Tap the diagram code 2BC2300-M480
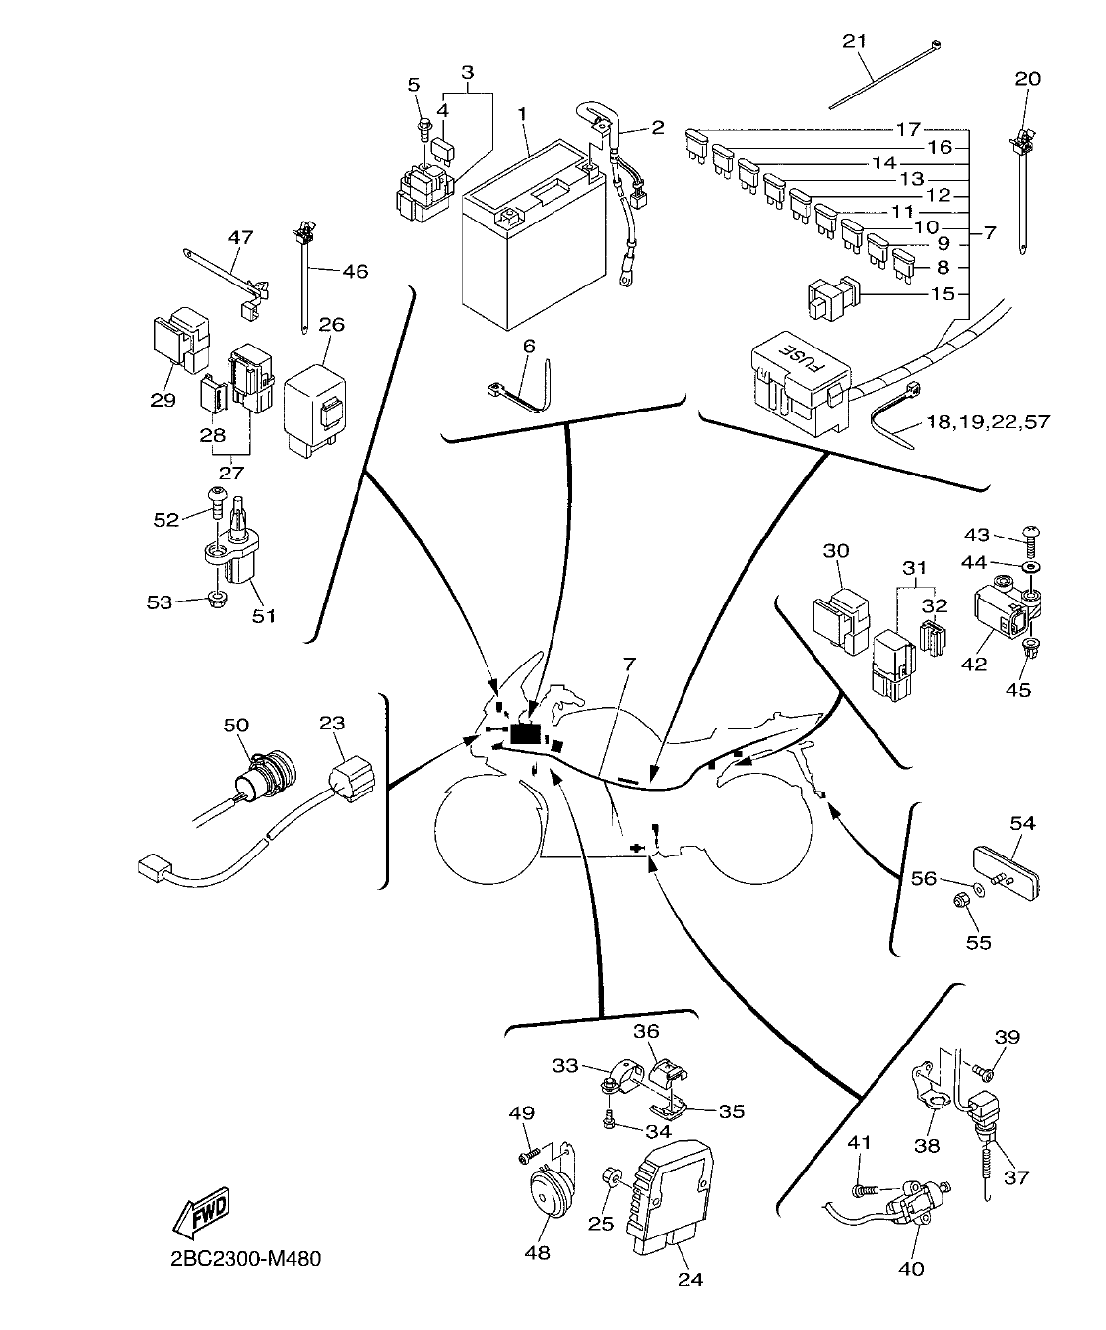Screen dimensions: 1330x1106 [239, 1258]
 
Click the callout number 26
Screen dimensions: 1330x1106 [332, 324]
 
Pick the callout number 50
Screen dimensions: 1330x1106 [235, 725]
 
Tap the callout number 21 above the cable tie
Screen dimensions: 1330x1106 [855, 41]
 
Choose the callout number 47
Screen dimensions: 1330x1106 [240, 236]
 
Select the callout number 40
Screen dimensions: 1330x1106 [912, 1268]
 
